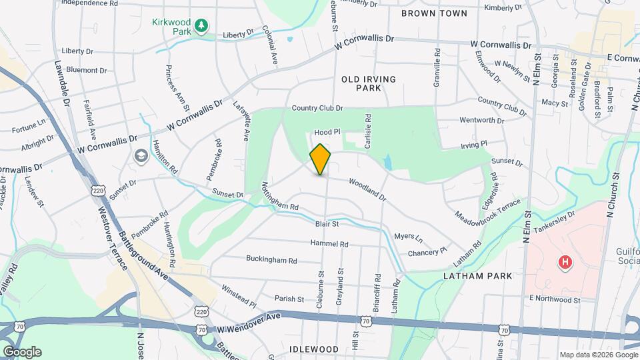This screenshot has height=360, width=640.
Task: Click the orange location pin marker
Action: tap(321, 159)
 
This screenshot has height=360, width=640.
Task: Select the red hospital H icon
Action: tap(565, 263)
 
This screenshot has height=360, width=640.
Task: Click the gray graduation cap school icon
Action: tap(141, 156)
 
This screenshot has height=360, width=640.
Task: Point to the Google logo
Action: tap(22, 352)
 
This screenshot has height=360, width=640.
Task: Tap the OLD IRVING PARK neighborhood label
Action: tap(369, 83)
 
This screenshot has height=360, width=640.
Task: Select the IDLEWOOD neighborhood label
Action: tap(315, 349)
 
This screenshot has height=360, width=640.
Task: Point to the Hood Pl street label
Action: tap(327, 133)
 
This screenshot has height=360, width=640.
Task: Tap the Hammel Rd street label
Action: tap(329, 244)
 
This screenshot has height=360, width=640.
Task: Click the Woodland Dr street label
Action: tap(367, 189)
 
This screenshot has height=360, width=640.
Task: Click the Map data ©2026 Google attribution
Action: tap(597, 355)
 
